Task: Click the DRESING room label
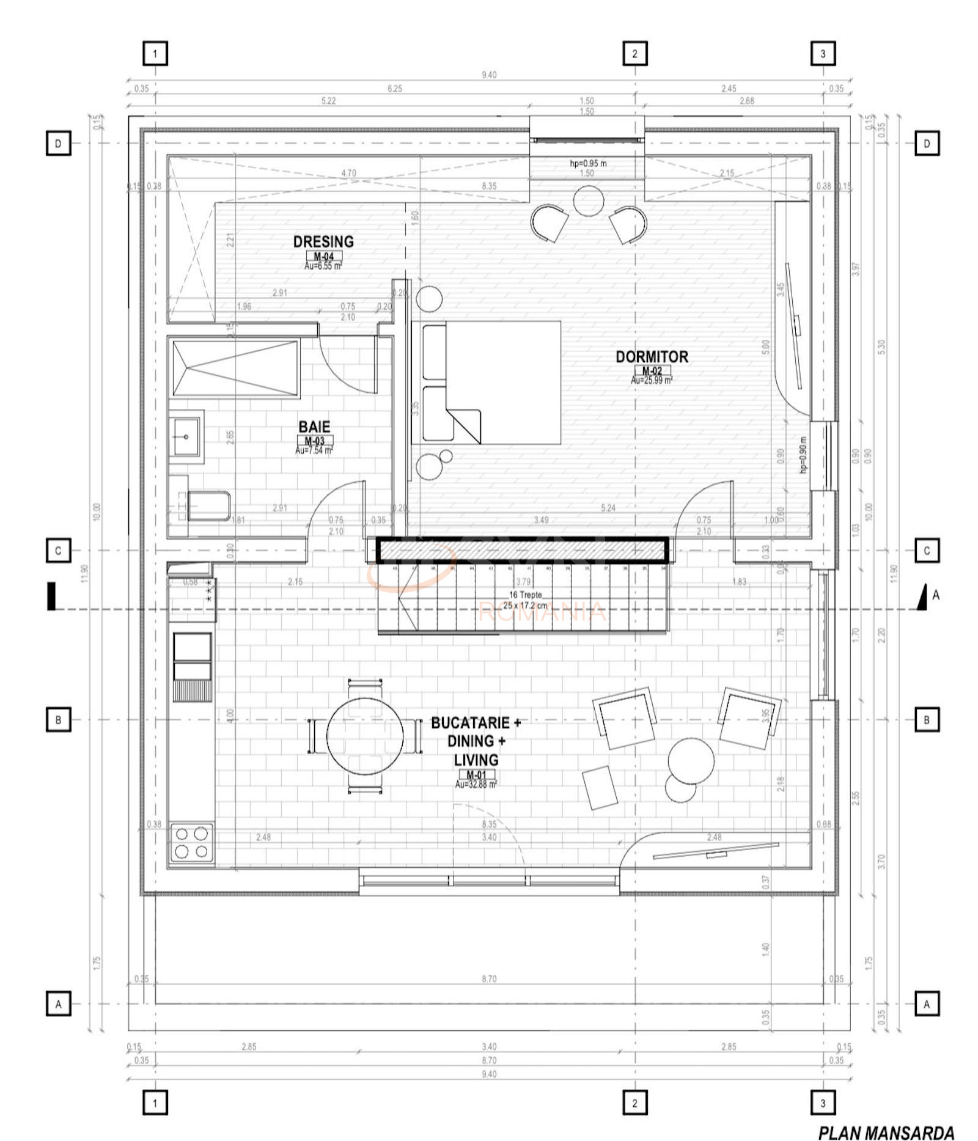[323, 241]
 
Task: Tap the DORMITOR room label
[652, 356]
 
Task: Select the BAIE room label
[314, 427]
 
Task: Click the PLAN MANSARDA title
[886, 1132]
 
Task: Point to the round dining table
[365, 735]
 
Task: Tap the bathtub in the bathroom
[235, 369]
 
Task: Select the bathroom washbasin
[186, 437]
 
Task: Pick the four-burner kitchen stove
[191, 843]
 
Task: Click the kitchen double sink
[193, 658]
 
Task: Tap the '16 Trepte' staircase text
[525, 595]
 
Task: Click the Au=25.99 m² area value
[652, 380]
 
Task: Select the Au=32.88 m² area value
[476, 784]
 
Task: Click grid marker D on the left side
[58, 144]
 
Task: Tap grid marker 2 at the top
[634, 54]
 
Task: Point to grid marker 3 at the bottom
[822, 1102]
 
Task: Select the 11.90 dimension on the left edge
[84, 573]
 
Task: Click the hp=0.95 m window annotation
[588, 163]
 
